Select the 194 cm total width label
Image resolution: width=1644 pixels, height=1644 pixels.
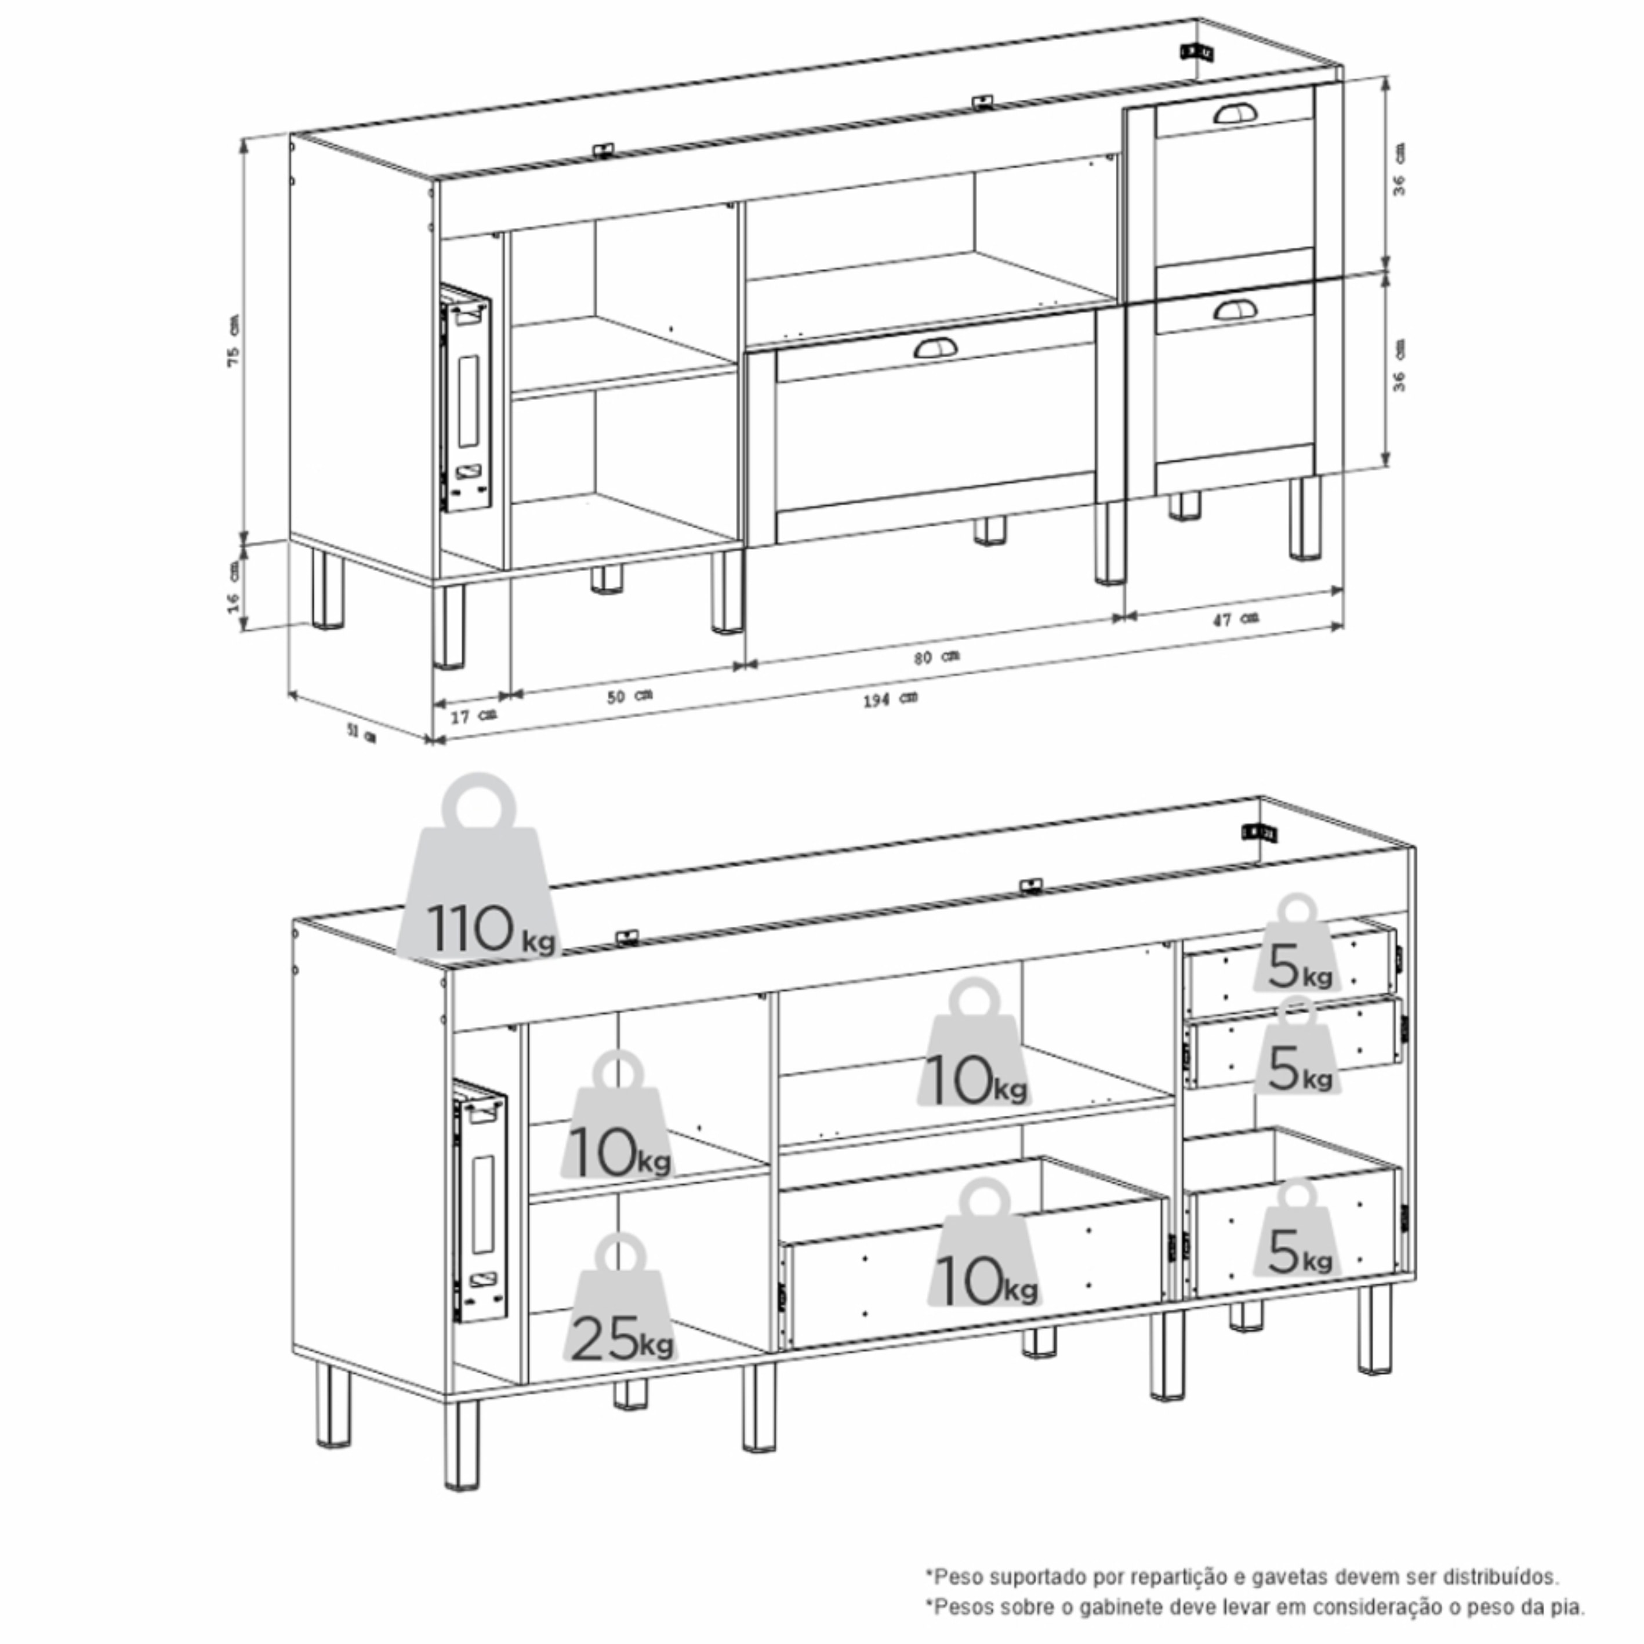point(890,699)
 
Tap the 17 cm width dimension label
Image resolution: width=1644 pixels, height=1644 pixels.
point(473,716)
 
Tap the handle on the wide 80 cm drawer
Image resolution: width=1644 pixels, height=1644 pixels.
point(935,347)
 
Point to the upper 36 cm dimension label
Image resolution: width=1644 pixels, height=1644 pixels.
point(1398,170)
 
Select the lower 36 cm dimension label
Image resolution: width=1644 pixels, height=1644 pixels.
point(1398,366)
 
